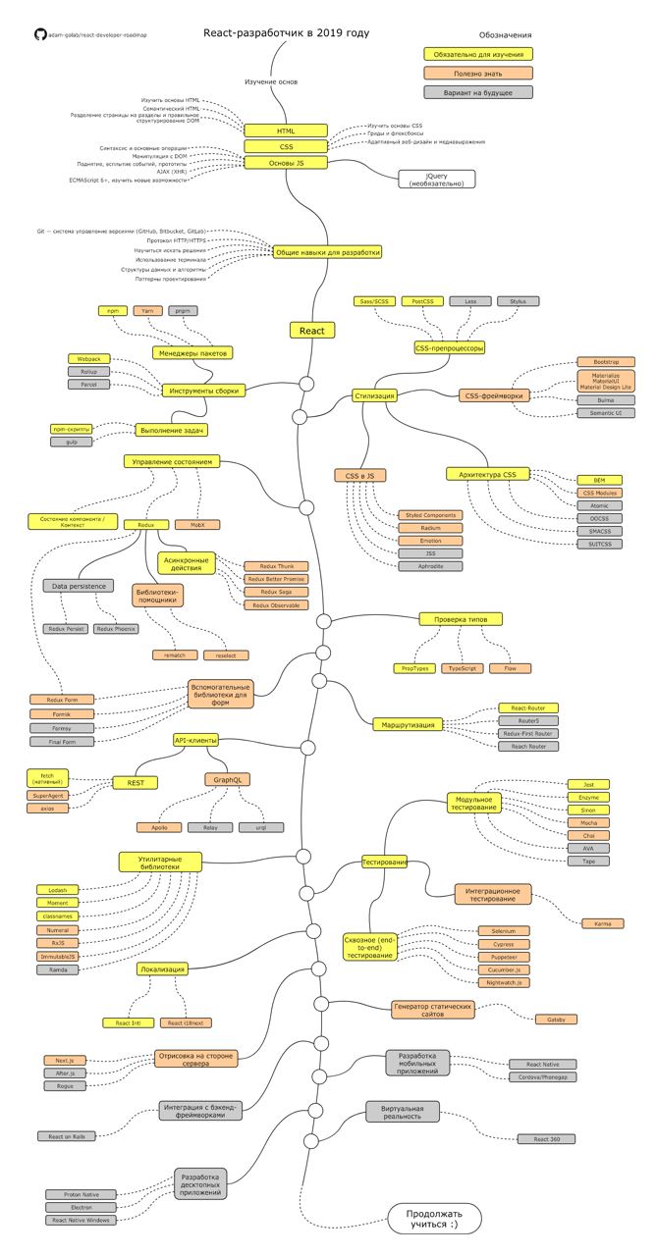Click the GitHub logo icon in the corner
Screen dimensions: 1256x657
pos(39,33)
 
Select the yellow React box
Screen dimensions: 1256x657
pos(313,331)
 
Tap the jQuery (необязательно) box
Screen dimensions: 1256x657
pos(436,179)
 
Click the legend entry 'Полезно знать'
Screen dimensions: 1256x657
pos(478,73)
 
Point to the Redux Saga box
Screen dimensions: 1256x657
pos(276,593)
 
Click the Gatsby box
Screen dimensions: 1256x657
pos(556,1020)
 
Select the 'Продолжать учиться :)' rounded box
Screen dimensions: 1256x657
pos(434,1219)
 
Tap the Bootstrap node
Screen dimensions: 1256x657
pos(606,362)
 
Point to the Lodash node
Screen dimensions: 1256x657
pos(57,889)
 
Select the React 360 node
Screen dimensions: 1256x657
pos(546,1139)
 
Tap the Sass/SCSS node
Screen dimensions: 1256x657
pos(374,302)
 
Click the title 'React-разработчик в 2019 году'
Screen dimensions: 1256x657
pos(286,33)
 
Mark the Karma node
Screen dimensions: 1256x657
pos(602,923)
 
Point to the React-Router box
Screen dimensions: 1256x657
pos(527,707)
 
